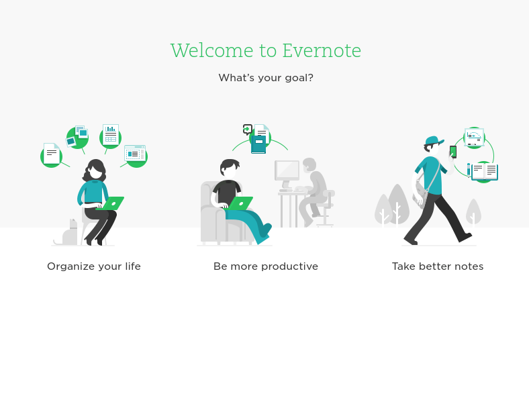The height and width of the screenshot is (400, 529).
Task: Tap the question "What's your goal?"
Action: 266,78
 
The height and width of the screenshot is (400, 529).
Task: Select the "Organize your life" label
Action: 94,266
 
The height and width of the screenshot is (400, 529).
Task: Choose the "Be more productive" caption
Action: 266,266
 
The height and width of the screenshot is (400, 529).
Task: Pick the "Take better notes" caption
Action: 438,266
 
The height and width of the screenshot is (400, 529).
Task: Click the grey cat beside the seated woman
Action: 69,233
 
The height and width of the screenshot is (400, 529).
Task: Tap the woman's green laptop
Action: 111,203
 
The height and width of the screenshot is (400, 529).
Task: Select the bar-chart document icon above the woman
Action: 111,135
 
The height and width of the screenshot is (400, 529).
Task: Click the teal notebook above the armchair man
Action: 258,144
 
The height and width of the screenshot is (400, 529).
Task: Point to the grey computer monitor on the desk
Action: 287,170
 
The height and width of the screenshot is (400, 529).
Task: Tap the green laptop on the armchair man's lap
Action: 240,203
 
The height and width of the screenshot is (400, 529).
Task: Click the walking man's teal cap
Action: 432,141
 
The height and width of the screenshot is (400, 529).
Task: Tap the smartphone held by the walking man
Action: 453,152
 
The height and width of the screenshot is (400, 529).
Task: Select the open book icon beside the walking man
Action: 484,172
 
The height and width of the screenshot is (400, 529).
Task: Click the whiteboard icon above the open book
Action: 474,136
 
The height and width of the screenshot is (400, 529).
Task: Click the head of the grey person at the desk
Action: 309,164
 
